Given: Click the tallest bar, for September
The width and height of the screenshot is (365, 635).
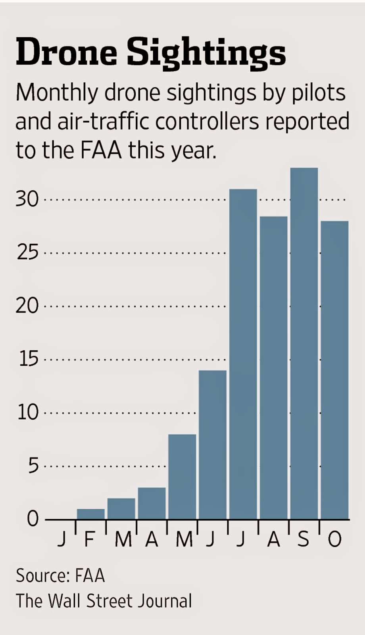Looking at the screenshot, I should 304,343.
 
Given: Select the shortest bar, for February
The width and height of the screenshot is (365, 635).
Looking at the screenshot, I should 90,514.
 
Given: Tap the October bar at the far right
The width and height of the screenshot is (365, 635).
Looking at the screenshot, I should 334,370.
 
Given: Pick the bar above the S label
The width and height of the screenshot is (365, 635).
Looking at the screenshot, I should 304,343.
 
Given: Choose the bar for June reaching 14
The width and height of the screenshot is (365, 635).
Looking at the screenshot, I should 213,444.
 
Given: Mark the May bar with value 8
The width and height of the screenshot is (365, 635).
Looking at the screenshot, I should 182,476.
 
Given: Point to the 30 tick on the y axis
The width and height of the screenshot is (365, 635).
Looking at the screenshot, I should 27,199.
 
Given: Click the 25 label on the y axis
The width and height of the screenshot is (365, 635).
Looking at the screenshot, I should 27,252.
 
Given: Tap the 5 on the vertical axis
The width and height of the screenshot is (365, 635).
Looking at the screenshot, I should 33,466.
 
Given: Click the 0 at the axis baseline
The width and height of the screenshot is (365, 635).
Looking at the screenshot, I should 33,519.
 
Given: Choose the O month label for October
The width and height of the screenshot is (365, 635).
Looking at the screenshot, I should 334,540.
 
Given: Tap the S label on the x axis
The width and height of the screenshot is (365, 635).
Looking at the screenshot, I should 303,540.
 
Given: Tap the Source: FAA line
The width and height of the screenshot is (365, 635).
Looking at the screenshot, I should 60,576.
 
